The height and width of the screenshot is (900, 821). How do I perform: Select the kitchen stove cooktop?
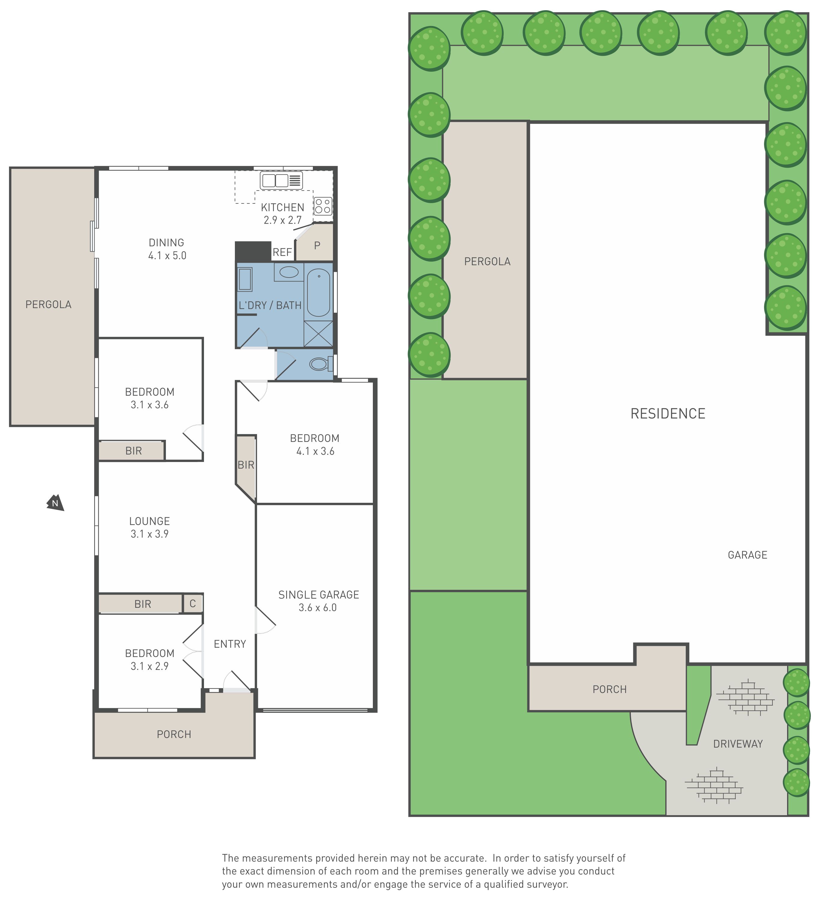[323, 206]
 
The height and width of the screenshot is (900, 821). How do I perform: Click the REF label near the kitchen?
[282, 252]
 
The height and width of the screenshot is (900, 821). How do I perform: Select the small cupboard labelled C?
[193, 604]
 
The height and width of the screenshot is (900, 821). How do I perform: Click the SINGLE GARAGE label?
[319, 595]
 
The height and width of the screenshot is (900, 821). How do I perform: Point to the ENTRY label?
[230, 644]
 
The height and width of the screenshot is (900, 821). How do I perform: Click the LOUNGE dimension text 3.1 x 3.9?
[150, 534]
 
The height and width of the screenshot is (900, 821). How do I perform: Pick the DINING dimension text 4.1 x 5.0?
[167, 256]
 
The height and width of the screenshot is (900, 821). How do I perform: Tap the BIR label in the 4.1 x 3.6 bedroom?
[246, 465]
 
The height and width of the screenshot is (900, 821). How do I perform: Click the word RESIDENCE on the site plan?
[668, 413]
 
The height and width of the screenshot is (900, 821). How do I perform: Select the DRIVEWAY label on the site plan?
[738, 744]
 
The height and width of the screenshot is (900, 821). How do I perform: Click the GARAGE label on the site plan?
[747, 555]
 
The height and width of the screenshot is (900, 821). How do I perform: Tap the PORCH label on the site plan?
[610, 689]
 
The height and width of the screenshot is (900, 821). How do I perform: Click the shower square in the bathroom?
[318, 334]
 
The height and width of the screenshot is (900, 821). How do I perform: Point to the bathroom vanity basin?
[289, 272]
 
